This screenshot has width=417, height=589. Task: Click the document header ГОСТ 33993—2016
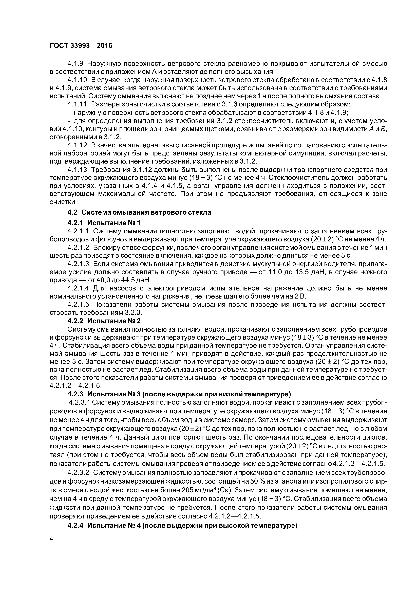coord(81,46)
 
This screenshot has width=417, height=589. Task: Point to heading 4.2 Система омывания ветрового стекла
coord(139,212)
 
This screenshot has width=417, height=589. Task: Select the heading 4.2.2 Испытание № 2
coord(104,321)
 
